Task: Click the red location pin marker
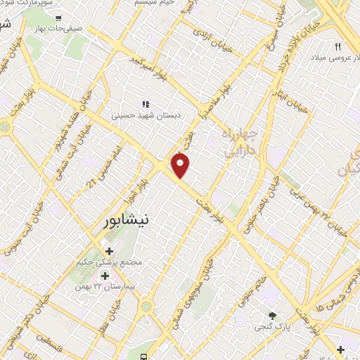coord(181,165)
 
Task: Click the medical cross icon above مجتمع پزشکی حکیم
coord(109,251)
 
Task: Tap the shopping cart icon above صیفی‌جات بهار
coord(58,19)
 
